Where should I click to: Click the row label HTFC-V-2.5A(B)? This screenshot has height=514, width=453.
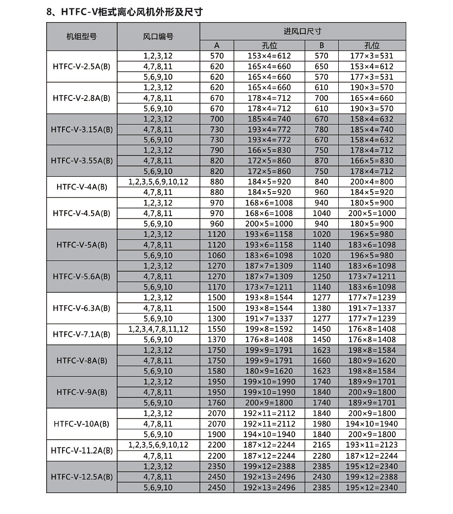pyautogui.click(x=82, y=66)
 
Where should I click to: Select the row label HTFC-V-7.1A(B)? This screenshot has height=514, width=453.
pyautogui.click(x=82, y=334)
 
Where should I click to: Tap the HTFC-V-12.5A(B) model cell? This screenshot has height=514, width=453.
pyautogui.click(x=82, y=477)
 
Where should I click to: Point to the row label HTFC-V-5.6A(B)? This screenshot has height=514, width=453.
pyautogui.click(x=82, y=276)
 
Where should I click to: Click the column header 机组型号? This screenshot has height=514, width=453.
pyautogui.click(x=82, y=36)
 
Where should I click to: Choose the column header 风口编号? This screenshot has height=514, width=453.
pyautogui.click(x=158, y=36)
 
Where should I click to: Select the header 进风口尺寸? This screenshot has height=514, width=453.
pyautogui.click(x=302, y=31)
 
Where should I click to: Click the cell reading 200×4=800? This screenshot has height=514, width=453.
pyautogui.click(x=372, y=182)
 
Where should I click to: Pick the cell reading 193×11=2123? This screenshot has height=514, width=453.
pyautogui.click(x=372, y=445)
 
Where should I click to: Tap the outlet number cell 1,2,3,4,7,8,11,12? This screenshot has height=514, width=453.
pyautogui.click(x=158, y=329)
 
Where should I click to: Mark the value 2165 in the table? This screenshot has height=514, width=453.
pyautogui.click(x=321, y=445)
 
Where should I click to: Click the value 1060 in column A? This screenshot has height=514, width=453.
pyautogui.click(x=217, y=255)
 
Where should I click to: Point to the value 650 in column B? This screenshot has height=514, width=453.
pyautogui.click(x=321, y=66)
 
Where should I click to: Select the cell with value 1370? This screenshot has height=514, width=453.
pyautogui.click(x=217, y=340)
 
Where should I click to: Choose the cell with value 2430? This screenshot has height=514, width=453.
pyautogui.click(x=321, y=477)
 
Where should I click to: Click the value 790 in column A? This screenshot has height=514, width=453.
pyautogui.click(x=217, y=150)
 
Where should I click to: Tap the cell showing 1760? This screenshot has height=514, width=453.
pyautogui.click(x=217, y=403)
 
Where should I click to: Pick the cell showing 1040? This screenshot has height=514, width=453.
pyautogui.click(x=321, y=213)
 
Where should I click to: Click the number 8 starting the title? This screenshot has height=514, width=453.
pyautogui.click(x=49, y=12)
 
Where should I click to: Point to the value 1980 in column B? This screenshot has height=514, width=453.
pyautogui.click(x=321, y=424)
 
